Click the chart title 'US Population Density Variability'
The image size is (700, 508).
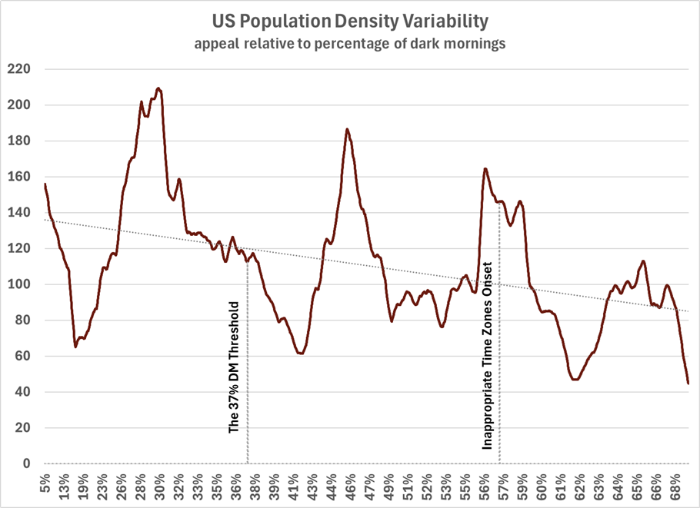tap(350, 18)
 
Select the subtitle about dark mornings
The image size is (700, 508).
tap(350, 44)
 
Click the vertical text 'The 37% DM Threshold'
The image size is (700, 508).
tap(235, 368)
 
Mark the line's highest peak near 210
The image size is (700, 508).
tap(158, 88)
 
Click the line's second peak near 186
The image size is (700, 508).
tap(347, 129)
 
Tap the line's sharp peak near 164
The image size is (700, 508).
tap(485, 168)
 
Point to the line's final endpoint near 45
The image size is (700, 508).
tap(688, 383)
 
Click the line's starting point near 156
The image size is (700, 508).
tap(45, 184)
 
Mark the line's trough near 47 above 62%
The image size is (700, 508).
tap(575, 379)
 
